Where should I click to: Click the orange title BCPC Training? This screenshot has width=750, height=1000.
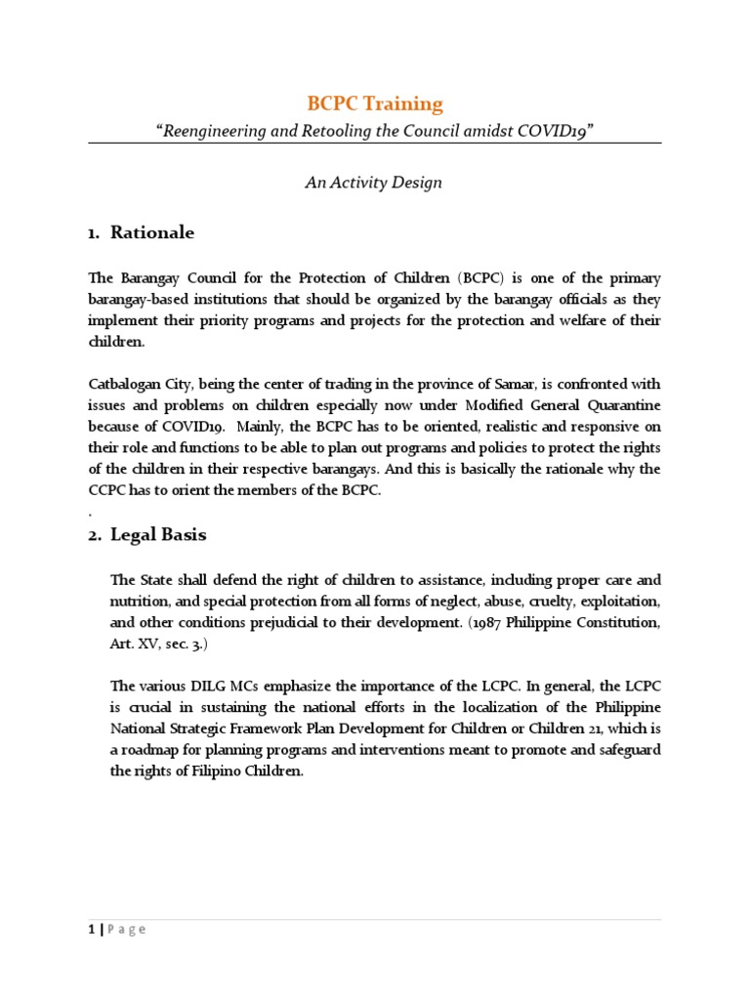point(375,104)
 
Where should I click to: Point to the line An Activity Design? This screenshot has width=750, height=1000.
point(375,183)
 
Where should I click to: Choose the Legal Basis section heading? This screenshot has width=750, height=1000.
point(158,535)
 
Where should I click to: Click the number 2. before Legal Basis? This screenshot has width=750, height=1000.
point(96,535)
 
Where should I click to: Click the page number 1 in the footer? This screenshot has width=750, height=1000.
point(91,929)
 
